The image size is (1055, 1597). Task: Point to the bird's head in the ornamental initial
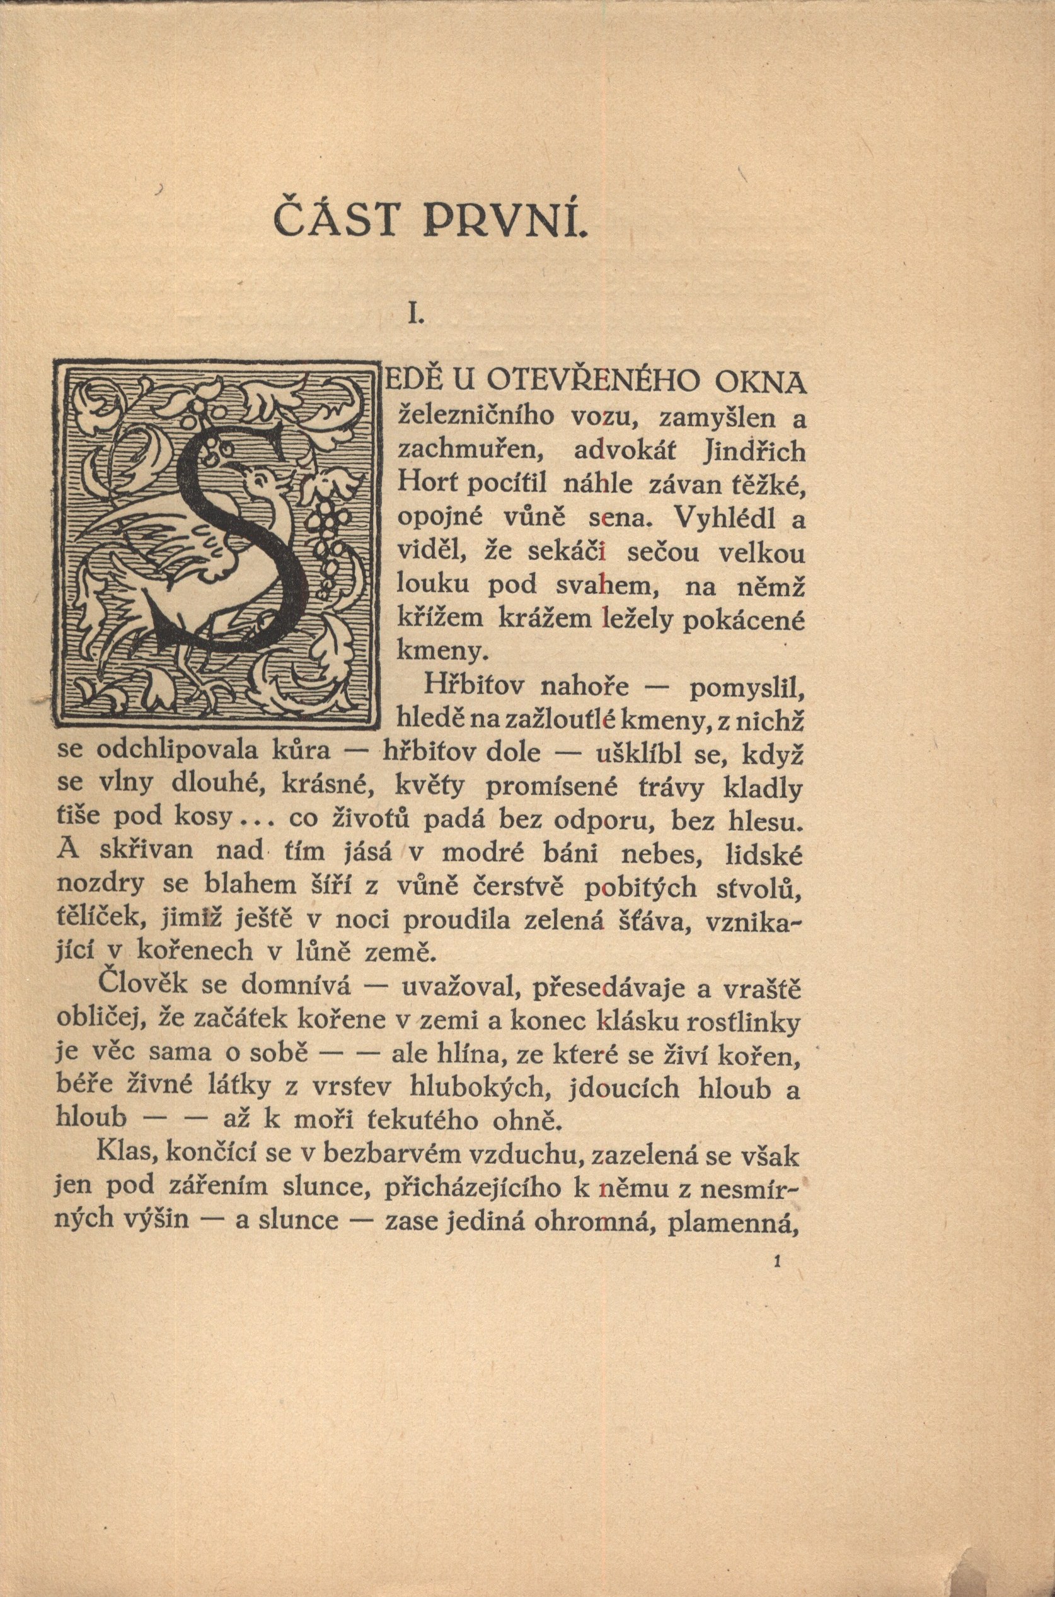[x=258, y=479]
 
